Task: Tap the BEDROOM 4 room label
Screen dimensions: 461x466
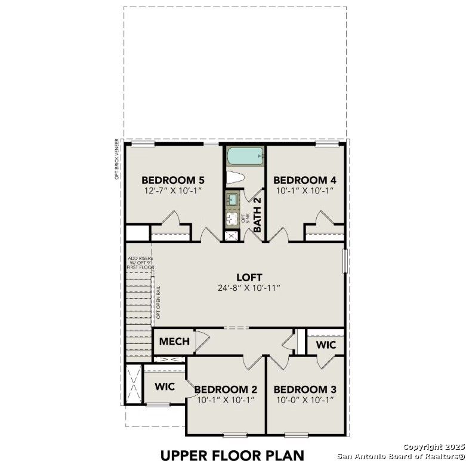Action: point(304,180)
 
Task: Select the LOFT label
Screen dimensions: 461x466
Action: point(249,277)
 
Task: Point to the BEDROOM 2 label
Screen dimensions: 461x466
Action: point(225,389)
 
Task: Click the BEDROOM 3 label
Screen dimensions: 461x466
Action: point(304,389)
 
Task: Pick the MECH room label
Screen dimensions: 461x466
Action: point(174,342)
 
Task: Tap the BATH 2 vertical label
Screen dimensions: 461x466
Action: point(258,216)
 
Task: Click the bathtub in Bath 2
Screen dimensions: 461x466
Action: point(245,156)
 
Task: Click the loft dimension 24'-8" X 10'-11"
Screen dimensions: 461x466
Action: point(249,288)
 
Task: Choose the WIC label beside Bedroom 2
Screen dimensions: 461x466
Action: point(165,387)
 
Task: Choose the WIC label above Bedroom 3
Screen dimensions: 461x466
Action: point(326,345)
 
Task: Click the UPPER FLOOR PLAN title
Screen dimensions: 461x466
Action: point(232,455)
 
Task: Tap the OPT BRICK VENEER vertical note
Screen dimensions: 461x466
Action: point(118,159)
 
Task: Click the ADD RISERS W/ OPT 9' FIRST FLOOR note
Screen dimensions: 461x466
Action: point(140,263)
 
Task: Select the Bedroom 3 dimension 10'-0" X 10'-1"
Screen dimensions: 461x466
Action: point(304,400)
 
